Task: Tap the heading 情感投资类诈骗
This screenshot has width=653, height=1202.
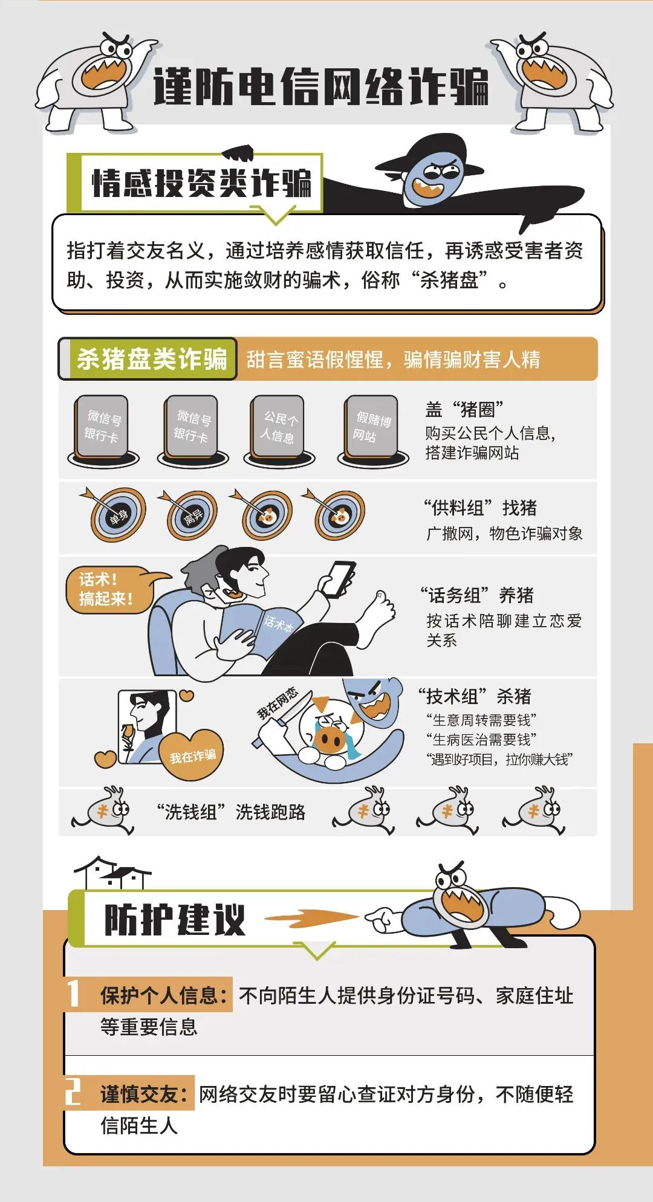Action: click(201, 183)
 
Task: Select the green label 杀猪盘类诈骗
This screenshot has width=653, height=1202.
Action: click(151, 359)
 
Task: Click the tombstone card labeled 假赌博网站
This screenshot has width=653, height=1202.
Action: click(371, 427)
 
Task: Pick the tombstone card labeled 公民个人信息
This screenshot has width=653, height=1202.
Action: click(278, 427)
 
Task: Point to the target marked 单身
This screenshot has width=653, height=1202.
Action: click(119, 515)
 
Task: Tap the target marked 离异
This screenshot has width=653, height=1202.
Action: click(192, 516)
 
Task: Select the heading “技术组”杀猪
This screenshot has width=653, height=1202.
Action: click(475, 696)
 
